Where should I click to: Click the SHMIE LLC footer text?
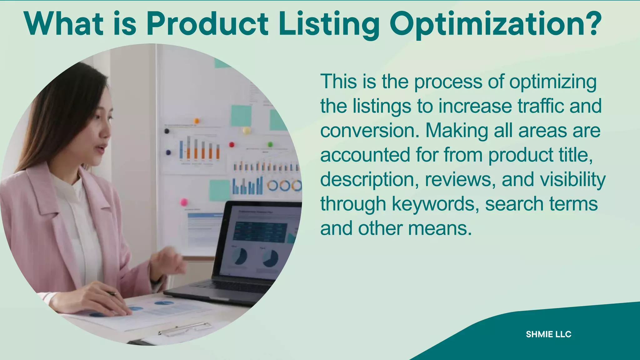[548, 334]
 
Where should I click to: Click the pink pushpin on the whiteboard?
[184, 202]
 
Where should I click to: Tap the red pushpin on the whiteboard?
[232, 144]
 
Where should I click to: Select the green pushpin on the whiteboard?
[270, 144]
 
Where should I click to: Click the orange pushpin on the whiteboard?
[197, 121]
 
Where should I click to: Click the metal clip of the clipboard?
[184, 329]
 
